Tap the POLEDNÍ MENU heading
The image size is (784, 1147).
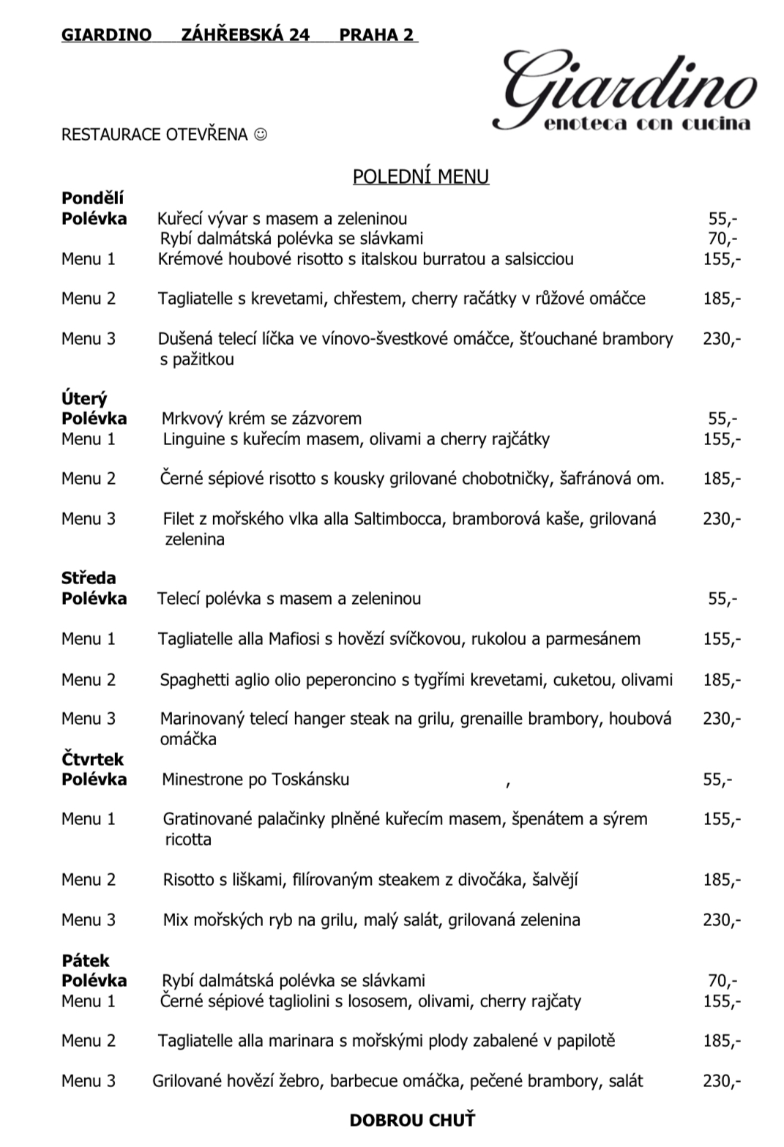click(421, 176)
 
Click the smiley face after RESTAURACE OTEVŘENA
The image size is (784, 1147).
click(261, 135)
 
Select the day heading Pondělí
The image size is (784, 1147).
click(93, 198)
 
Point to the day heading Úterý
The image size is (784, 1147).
click(84, 399)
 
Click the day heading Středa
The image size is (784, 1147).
click(89, 578)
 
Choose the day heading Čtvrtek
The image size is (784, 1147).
click(93, 759)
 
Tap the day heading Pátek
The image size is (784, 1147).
click(85, 960)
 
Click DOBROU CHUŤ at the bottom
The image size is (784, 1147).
click(412, 1120)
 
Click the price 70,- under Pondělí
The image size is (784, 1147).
click(723, 239)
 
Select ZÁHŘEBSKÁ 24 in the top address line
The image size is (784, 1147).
click(245, 34)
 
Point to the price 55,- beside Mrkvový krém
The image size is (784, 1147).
click(723, 419)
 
